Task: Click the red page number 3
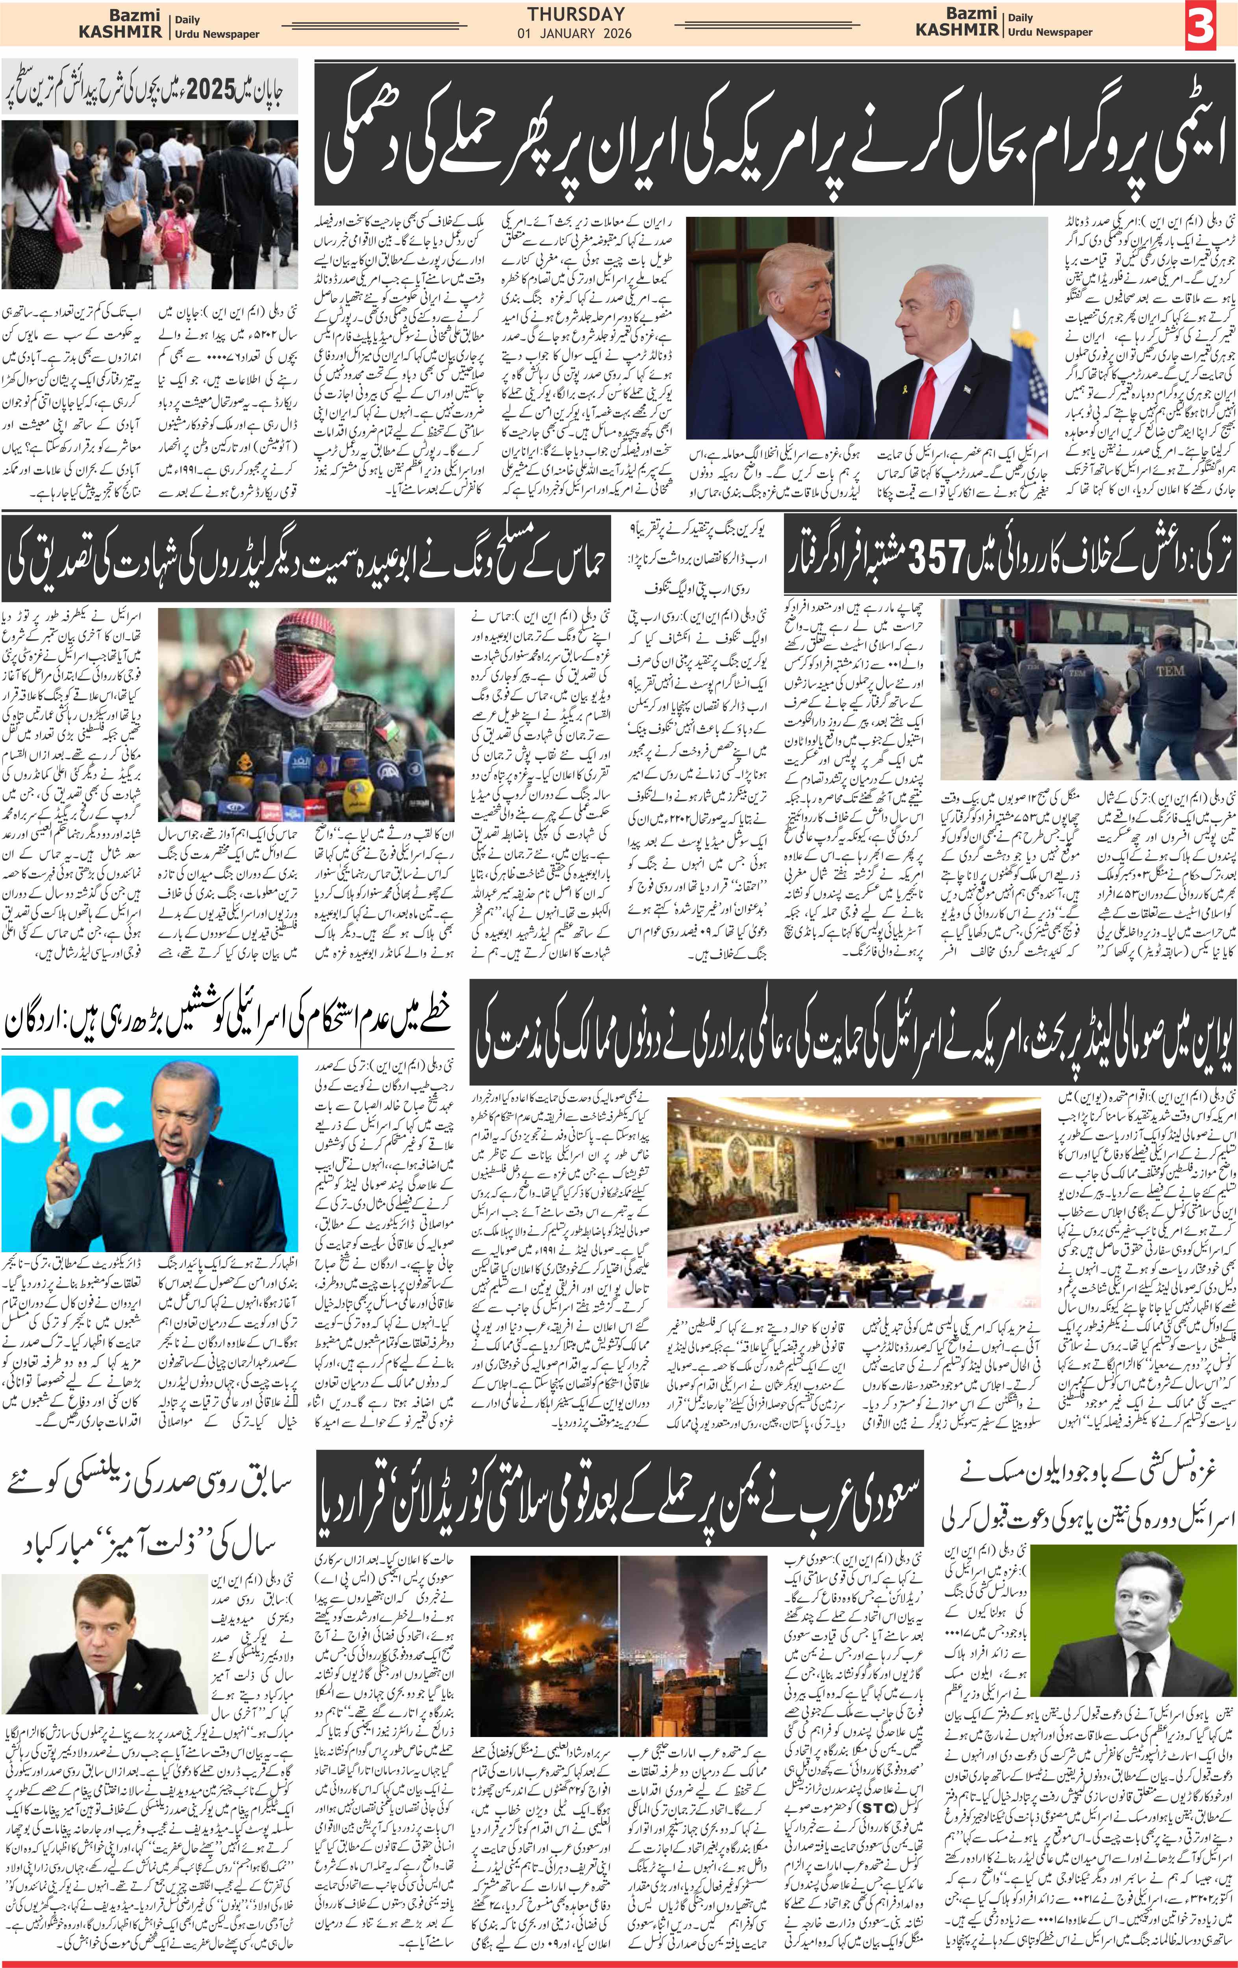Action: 1200,24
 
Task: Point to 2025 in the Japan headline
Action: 211,88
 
